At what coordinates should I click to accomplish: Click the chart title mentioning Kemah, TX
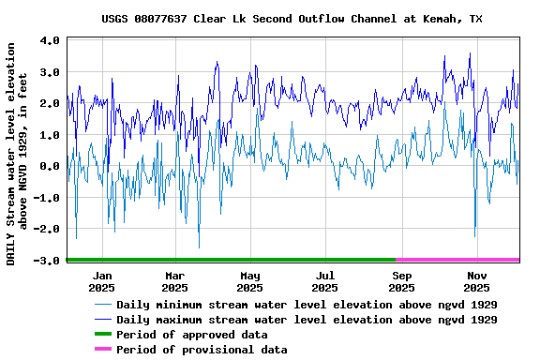292,19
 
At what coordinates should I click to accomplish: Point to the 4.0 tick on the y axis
51,41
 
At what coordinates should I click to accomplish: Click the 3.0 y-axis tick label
51,72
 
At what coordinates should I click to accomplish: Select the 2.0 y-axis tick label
51,104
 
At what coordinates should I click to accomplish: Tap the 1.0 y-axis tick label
51,135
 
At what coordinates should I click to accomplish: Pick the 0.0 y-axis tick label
51,166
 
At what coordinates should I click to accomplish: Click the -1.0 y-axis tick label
47,198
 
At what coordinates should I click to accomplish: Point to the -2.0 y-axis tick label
47,229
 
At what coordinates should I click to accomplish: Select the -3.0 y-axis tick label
47,260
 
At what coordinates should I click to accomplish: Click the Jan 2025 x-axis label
101,281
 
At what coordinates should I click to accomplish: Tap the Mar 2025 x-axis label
175,281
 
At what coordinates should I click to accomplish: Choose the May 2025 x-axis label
250,281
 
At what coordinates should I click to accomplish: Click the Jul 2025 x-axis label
325,281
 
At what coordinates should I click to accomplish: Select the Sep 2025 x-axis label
401,281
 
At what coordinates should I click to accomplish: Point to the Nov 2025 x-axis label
476,281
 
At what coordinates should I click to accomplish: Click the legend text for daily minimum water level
307,305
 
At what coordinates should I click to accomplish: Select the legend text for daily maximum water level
307,320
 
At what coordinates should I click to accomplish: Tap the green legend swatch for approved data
101,335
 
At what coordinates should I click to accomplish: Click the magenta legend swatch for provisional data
101,350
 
